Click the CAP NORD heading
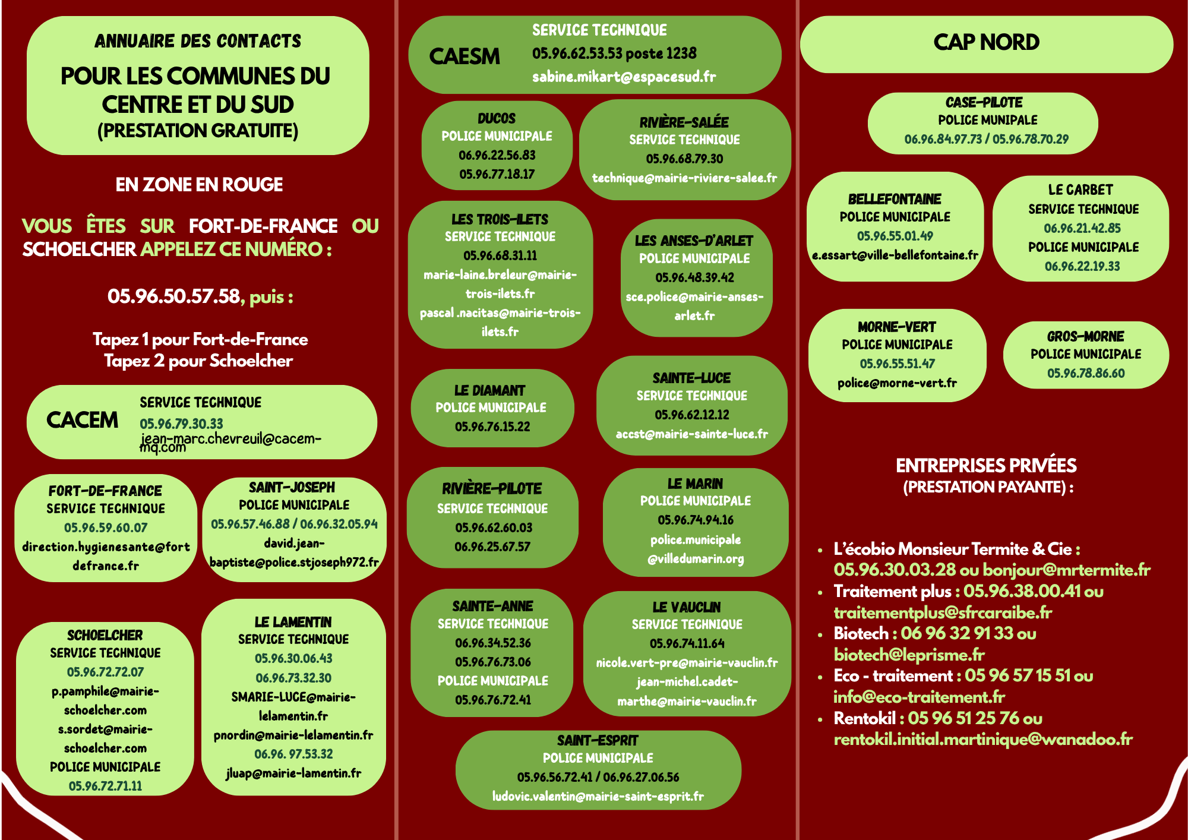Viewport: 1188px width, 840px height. tap(986, 42)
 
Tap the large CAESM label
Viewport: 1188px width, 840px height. tap(465, 56)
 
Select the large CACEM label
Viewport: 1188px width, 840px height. tap(82, 420)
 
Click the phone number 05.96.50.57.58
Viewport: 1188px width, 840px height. tap(173, 296)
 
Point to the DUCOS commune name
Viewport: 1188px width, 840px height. tap(497, 118)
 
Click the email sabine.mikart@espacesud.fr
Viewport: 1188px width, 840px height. tap(624, 77)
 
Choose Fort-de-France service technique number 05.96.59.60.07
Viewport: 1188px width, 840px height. tap(106, 528)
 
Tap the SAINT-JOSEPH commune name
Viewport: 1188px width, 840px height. tap(292, 487)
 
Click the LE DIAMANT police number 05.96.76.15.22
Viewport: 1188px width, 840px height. tap(492, 427)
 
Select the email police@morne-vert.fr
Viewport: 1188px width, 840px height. tap(897, 383)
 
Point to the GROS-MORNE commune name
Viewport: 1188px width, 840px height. tap(1085, 336)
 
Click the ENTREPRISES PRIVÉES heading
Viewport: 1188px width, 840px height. tap(986, 465)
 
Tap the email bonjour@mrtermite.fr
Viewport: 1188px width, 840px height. tap(1066, 570)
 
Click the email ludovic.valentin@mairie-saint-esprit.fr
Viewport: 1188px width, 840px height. tap(598, 796)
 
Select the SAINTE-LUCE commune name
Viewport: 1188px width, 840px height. tap(691, 378)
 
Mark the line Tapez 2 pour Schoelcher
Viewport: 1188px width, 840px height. tap(198, 361)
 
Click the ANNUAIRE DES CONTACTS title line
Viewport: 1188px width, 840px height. tap(198, 41)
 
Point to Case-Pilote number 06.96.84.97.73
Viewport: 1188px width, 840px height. tap(943, 139)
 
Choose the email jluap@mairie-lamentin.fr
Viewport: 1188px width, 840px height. tap(293, 773)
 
